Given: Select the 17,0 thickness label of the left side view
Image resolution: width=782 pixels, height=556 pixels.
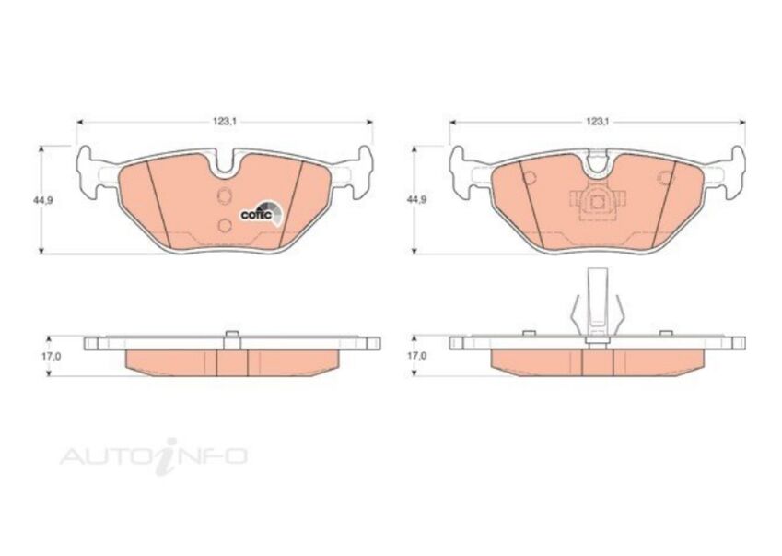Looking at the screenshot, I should (x=53, y=354).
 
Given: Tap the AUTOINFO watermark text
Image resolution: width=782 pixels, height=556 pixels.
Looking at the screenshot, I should (x=154, y=455).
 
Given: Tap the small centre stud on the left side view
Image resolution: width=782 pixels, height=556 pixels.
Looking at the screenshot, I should (x=230, y=336).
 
